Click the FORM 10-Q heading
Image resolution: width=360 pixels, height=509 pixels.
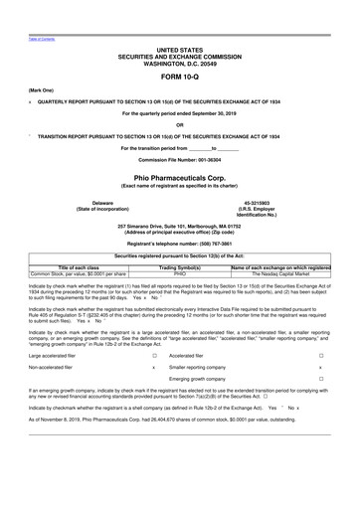(x=179, y=76)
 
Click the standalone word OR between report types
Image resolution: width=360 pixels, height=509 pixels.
(x=179, y=124)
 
